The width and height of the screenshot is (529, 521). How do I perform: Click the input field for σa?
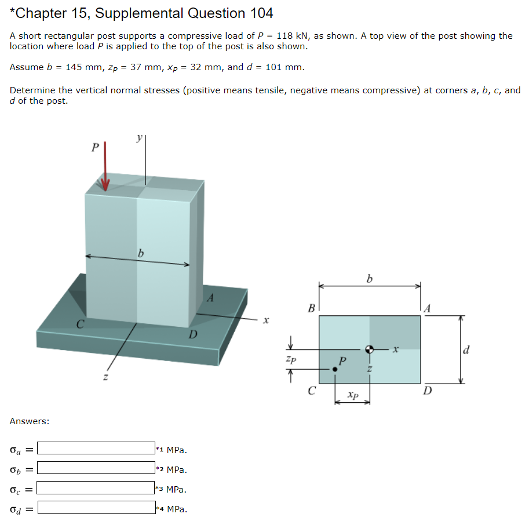[x=96, y=448]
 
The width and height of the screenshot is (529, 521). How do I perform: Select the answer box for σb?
[x=96, y=468]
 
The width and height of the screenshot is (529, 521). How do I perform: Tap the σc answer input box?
[x=96, y=489]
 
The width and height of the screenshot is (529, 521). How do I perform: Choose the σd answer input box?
[x=96, y=508]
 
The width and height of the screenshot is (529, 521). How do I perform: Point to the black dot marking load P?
[x=335, y=369]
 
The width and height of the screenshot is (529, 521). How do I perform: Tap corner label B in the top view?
[x=311, y=308]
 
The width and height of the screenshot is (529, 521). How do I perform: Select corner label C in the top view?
[x=311, y=391]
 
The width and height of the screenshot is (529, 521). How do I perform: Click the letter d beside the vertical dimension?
[x=466, y=349]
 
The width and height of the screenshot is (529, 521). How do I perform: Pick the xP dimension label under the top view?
[x=352, y=395]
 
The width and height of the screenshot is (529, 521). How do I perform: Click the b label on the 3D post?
[x=140, y=253]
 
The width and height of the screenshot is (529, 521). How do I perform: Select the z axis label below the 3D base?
[x=105, y=378]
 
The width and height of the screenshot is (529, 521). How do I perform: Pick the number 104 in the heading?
[x=261, y=13]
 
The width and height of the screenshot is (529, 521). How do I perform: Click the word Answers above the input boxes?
[x=29, y=421]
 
